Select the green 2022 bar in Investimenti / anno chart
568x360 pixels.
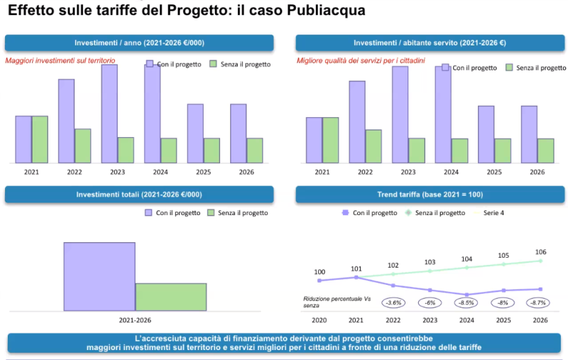82,146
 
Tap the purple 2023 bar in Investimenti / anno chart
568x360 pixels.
109,114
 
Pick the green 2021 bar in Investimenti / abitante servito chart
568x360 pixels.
331,140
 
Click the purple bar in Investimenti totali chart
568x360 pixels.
99,276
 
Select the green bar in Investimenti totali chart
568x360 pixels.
170,297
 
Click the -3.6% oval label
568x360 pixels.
393,302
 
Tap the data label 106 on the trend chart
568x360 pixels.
540,252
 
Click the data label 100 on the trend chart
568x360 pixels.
319,272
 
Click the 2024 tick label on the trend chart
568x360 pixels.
467,321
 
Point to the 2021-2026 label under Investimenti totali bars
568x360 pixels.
135,321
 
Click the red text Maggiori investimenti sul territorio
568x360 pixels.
60,61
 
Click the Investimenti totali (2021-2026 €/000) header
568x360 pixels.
139,195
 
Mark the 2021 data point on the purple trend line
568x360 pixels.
356,278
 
